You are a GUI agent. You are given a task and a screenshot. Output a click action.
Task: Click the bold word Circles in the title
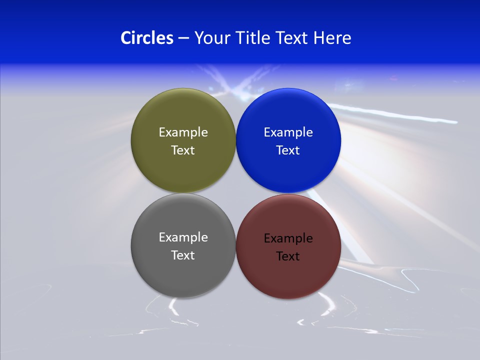[147, 38]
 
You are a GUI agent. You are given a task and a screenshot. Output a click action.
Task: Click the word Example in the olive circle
[183, 132]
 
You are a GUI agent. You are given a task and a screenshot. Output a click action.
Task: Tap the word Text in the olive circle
[183, 150]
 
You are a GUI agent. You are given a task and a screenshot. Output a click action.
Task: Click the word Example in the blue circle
[288, 132]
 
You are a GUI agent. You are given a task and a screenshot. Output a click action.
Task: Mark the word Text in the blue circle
[288, 150]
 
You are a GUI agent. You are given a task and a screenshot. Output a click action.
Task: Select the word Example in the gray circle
[183, 237]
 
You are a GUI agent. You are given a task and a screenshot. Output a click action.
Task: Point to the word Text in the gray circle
[183, 255]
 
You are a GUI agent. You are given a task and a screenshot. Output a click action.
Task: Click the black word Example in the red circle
[288, 238]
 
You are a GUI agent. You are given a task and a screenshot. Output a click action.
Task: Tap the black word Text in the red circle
[288, 256]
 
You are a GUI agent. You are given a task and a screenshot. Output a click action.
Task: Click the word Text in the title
[292, 38]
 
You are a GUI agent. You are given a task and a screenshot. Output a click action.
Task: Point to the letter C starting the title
[125, 38]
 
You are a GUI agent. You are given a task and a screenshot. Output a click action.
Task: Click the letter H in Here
[318, 38]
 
